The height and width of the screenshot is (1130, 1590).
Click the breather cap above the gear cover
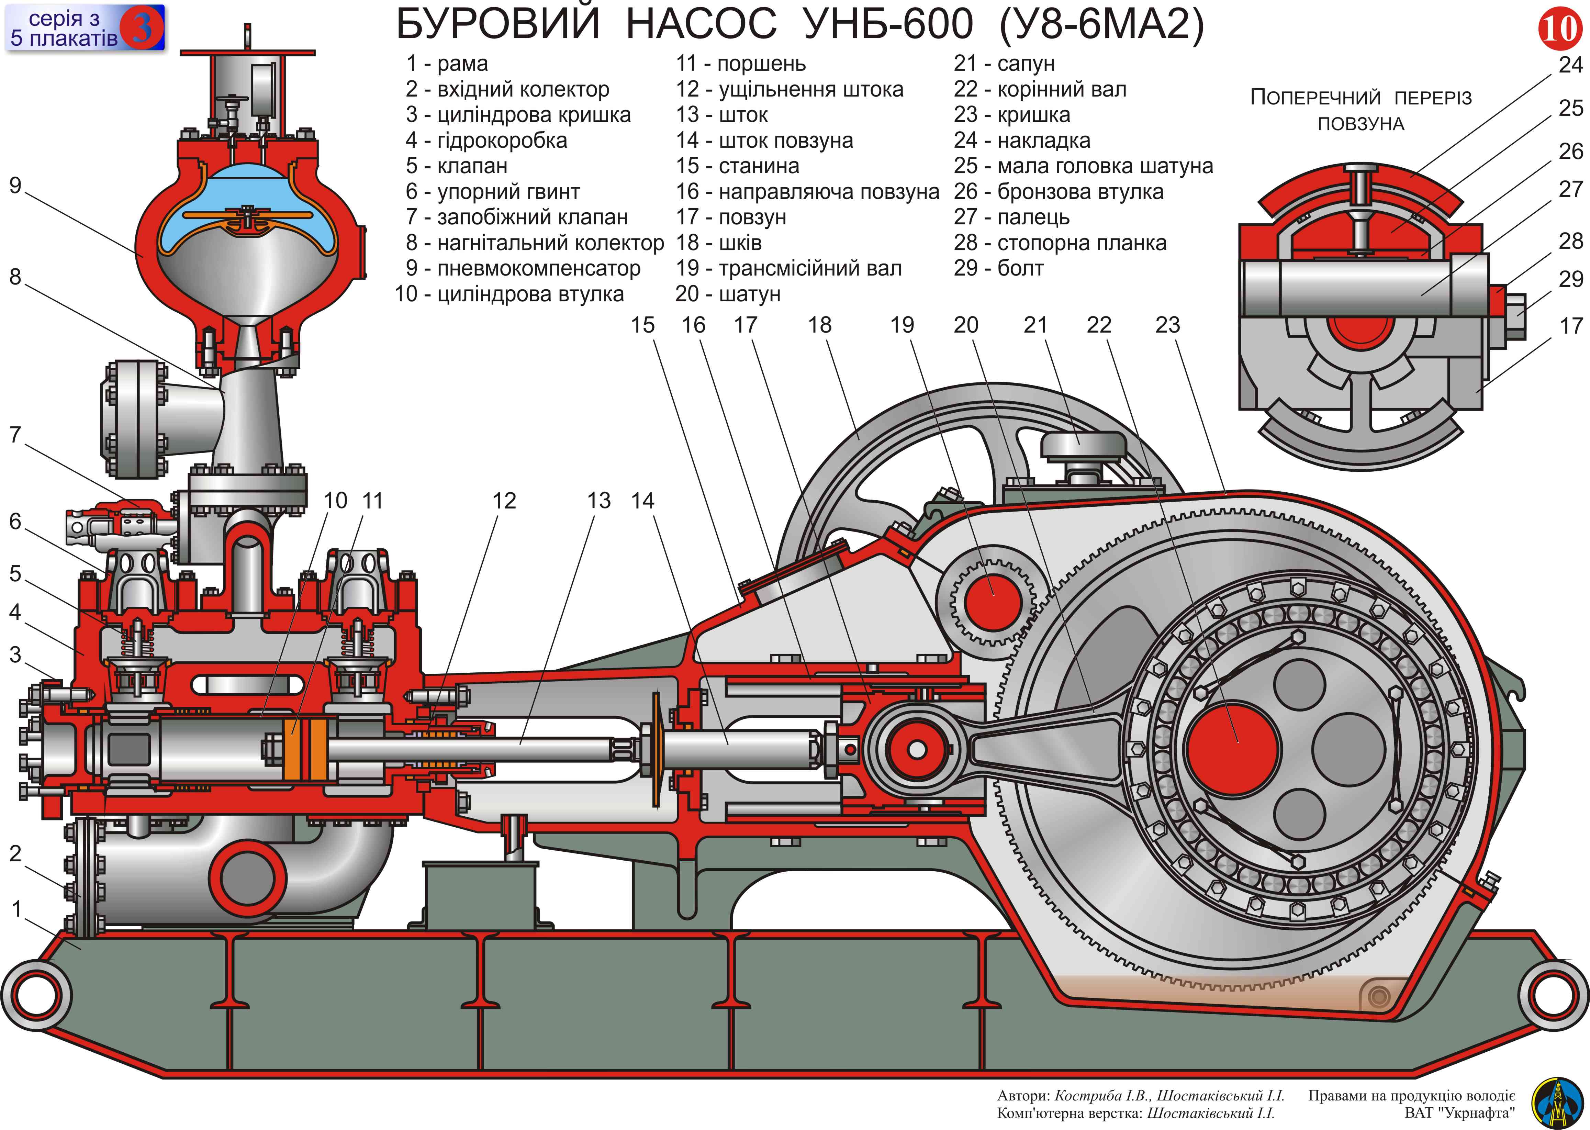point(1082,445)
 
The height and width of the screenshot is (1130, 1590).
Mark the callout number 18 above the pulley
point(820,325)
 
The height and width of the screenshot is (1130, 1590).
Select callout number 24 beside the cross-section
point(1570,65)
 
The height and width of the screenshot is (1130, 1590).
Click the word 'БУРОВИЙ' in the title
point(497,25)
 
